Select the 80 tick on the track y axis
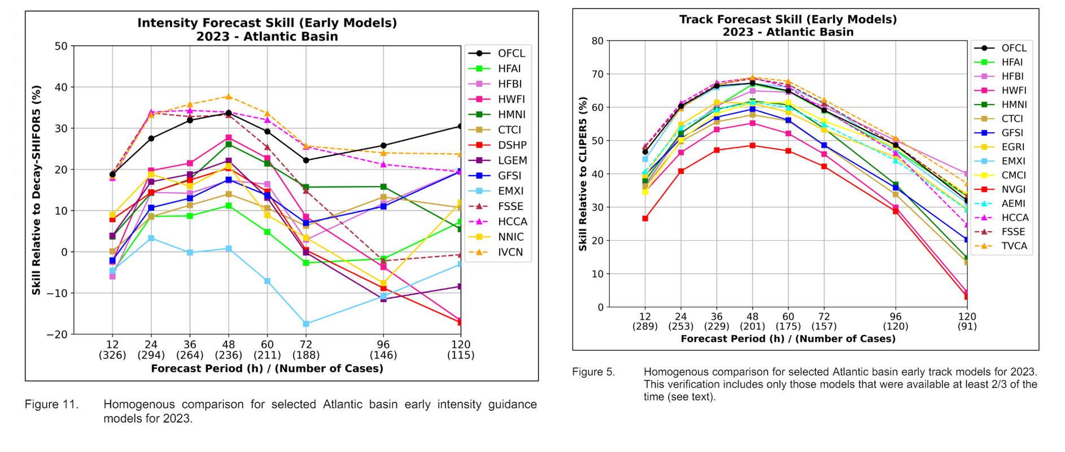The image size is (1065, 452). click(597, 41)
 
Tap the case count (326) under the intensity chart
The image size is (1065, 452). click(112, 355)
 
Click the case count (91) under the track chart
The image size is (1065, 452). click(967, 326)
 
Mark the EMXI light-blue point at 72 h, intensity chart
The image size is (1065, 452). click(306, 324)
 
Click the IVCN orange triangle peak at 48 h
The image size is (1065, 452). click(229, 97)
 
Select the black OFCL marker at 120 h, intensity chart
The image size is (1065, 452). click(460, 127)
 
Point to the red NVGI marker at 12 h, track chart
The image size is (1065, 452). click(645, 218)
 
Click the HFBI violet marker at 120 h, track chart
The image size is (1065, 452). click(967, 174)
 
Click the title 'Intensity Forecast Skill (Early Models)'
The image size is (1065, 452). click(267, 23)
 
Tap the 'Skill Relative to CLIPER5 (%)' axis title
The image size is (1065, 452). click(583, 173)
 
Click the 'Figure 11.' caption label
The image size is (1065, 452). click(51, 405)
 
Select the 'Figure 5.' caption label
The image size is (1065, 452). click(593, 372)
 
